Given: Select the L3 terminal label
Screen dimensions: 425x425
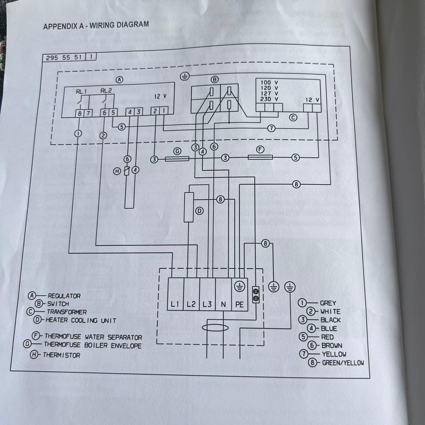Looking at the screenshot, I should point(207,304).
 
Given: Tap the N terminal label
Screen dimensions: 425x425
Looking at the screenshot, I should point(223,304).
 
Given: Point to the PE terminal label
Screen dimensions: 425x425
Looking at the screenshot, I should point(239,304).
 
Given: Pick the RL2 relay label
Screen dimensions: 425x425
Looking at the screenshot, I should point(106,91).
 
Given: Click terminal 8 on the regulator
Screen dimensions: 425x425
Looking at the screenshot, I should point(79,113).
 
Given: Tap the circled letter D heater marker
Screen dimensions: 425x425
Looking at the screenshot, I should point(200,211).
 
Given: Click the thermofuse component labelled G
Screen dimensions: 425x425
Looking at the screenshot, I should point(177,159).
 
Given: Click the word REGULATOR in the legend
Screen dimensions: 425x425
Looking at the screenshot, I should point(64,296).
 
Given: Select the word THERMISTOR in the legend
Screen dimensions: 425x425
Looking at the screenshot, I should point(61,355).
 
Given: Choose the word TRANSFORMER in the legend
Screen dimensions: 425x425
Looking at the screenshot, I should point(67,312).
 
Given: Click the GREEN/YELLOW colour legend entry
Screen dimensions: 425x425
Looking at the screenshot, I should point(343,363).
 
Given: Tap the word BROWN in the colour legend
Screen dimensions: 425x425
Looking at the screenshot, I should point(332,346).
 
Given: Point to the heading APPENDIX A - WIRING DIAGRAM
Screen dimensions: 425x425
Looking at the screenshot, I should point(96,26).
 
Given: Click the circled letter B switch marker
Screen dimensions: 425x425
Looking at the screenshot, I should point(214,79).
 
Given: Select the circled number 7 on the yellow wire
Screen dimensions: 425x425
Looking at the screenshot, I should point(271,128).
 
